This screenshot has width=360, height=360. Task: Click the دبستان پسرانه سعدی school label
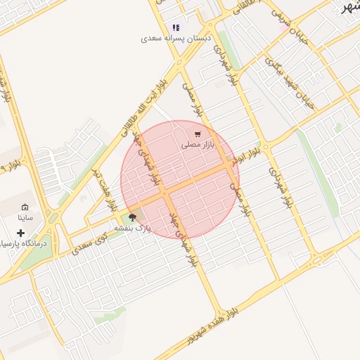(x=176, y=39)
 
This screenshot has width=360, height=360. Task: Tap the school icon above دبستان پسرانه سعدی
(x=176, y=28)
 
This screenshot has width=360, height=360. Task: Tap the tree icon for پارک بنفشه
(x=132, y=218)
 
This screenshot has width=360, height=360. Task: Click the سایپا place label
(x=26, y=219)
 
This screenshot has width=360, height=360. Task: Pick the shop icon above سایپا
(x=25, y=208)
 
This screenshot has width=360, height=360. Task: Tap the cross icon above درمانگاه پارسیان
(x=21, y=233)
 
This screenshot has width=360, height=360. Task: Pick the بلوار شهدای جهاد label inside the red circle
(x=154, y=162)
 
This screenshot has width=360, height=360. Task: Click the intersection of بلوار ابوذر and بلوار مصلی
(x=231, y=166)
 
